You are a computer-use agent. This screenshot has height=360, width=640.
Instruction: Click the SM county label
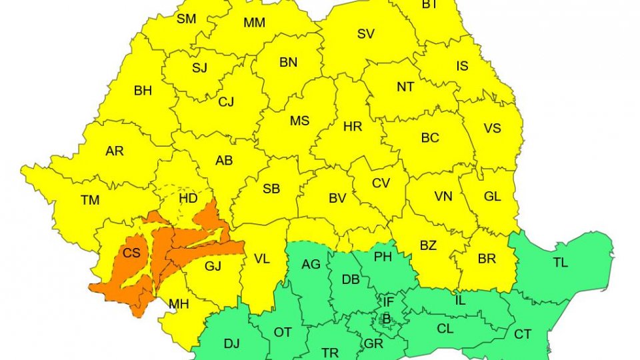click(x=186, y=19)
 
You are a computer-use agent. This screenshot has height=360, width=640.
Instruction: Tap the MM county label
click(x=254, y=23)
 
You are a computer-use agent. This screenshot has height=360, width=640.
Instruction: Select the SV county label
click(x=365, y=35)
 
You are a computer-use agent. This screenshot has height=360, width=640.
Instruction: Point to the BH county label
click(x=143, y=91)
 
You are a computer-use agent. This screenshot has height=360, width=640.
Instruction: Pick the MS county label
click(x=299, y=121)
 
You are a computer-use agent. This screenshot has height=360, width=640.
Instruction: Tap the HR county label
click(x=352, y=127)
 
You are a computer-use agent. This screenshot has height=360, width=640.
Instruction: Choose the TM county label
click(x=90, y=200)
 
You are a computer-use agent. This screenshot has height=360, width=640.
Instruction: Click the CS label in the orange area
click(x=131, y=253)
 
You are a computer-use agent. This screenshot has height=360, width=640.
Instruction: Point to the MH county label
click(x=178, y=305)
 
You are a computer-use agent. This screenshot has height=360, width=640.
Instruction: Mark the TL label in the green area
click(x=561, y=263)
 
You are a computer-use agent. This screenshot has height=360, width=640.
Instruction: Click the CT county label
click(x=523, y=334)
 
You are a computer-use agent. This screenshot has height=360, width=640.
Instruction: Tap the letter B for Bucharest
click(x=386, y=319)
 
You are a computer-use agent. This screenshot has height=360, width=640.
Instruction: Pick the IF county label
click(x=389, y=303)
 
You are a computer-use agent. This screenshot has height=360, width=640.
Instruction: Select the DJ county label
click(x=231, y=344)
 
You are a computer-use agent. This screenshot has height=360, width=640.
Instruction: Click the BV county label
click(x=337, y=198)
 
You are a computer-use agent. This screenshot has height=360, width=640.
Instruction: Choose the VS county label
click(x=492, y=128)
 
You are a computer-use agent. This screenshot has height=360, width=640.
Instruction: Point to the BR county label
click(x=487, y=259)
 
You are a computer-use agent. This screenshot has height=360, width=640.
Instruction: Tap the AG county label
click(x=311, y=265)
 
